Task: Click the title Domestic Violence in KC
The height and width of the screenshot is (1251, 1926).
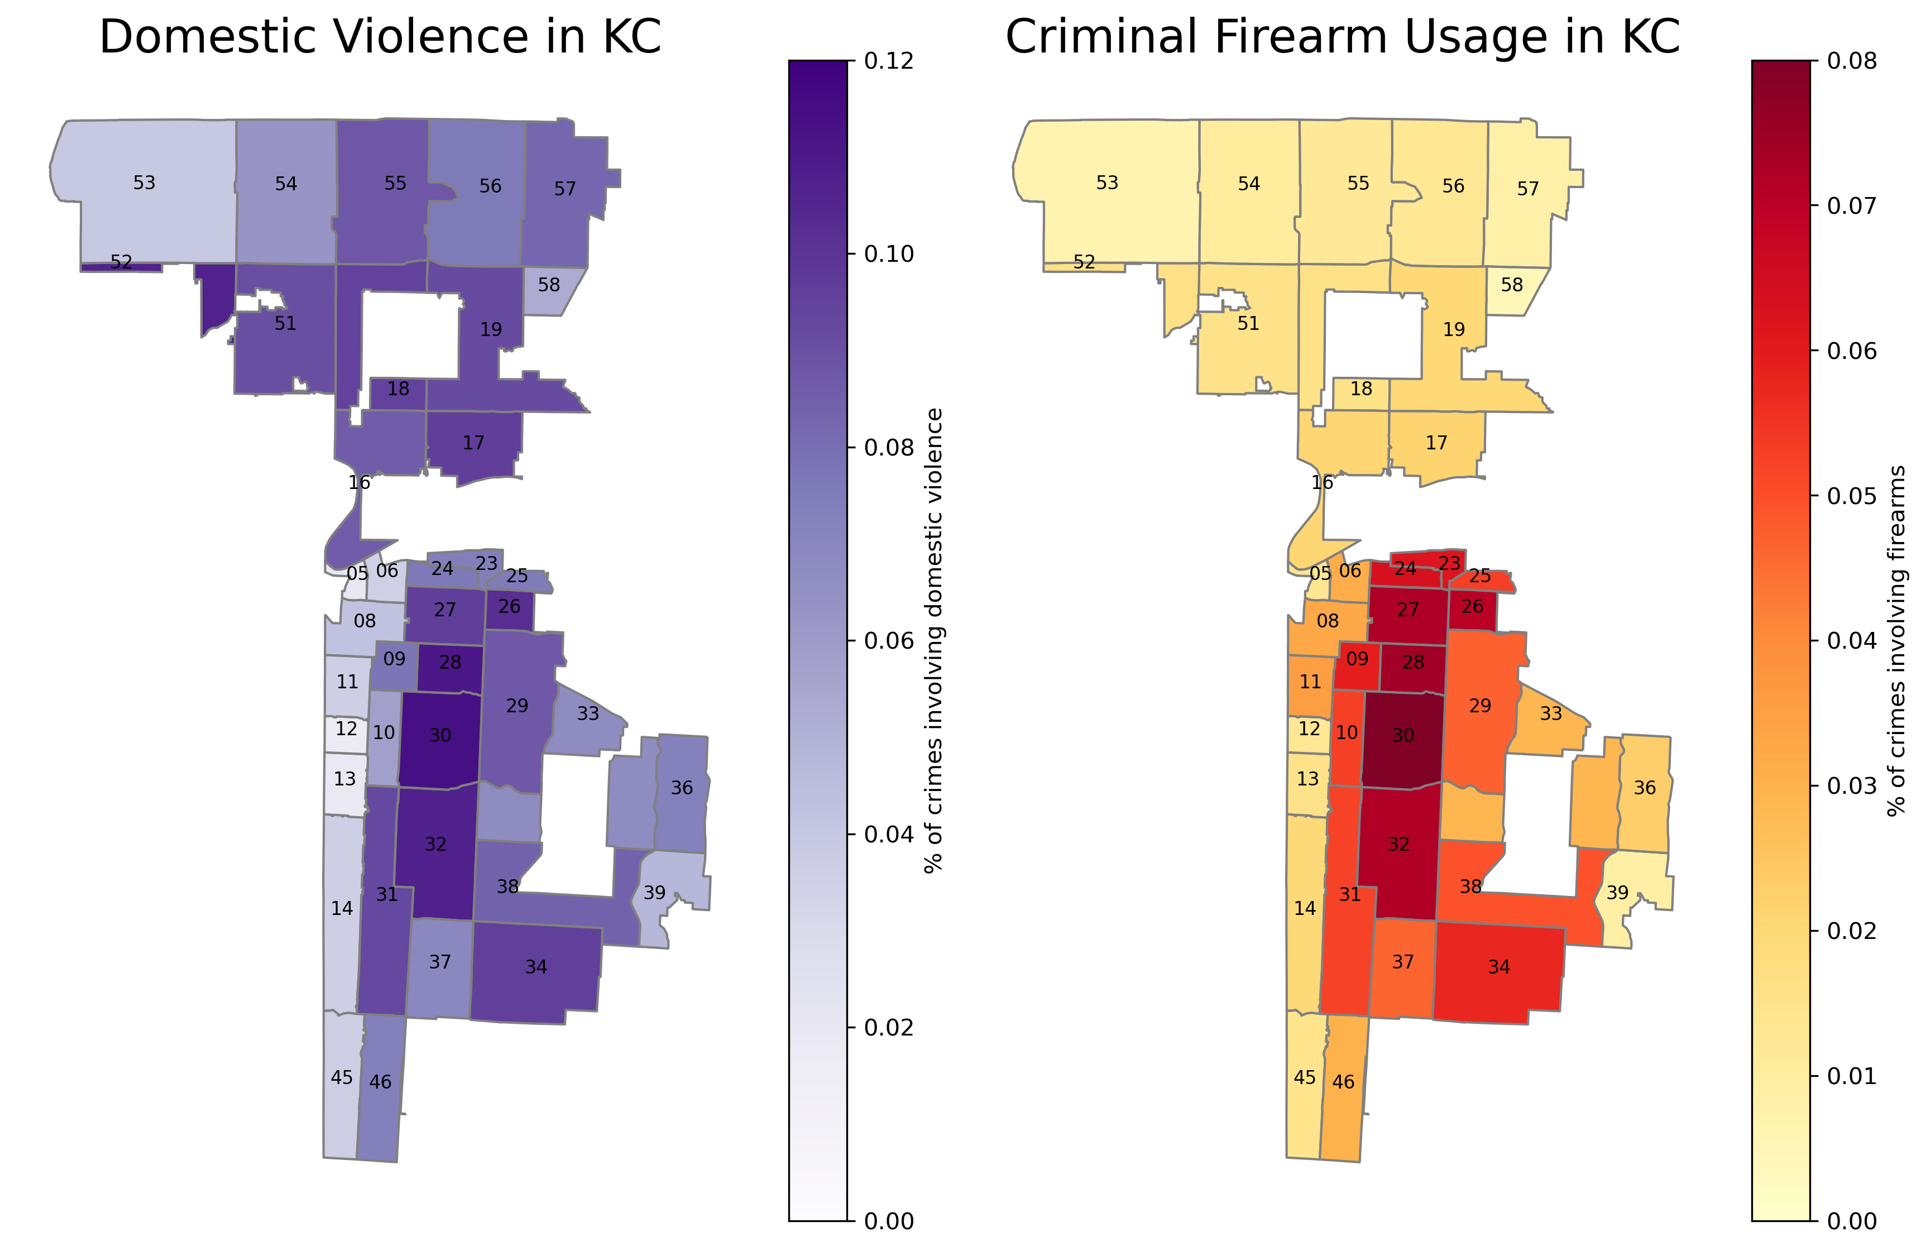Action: click(380, 37)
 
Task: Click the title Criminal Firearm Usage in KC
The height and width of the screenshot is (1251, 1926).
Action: click(1343, 37)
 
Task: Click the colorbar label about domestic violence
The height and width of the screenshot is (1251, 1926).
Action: click(934, 641)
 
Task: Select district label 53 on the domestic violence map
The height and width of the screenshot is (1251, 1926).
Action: click(144, 183)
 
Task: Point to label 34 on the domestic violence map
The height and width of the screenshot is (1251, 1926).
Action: click(536, 967)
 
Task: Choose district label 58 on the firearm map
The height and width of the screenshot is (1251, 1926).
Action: click(1512, 285)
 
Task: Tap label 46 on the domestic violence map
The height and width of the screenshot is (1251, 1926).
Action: click(380, 1082)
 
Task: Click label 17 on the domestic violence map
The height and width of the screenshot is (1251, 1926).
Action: click(473, 443)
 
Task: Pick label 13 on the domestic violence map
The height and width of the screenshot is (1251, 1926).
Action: click(345, 779)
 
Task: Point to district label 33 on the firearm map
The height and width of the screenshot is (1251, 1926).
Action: click(1550, 714)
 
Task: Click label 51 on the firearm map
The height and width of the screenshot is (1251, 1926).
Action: click(1248, 324)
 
